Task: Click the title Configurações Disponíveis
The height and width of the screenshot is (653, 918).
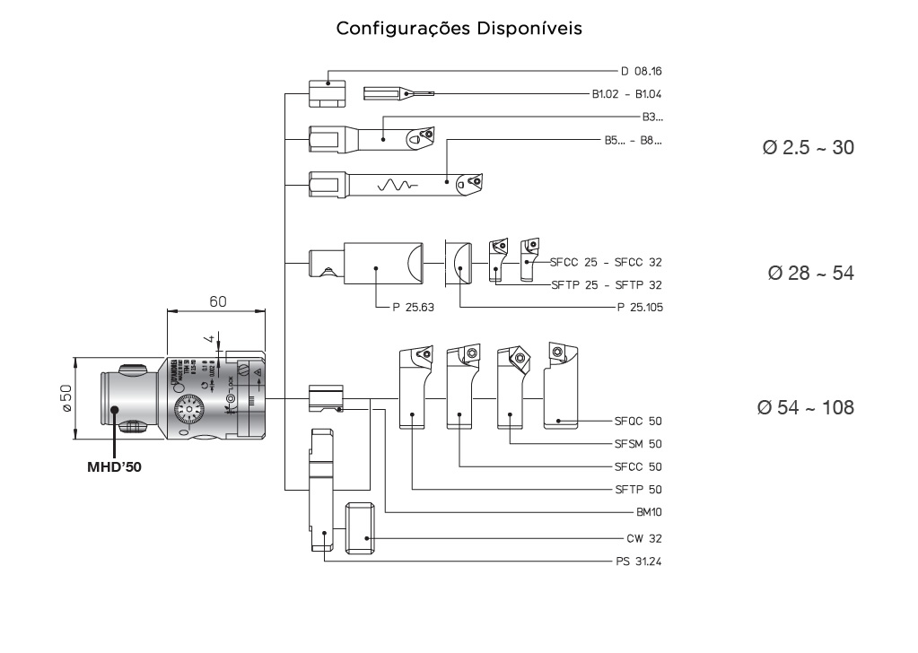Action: [x=459, y=29]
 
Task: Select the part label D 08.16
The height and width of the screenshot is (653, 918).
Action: [x=641, y=70]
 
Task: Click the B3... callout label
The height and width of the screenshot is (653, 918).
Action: [x=652, y=117]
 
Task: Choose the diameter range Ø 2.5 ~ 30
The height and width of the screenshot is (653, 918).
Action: [x=806, y=148]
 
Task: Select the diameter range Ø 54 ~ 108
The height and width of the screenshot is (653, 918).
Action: [x=805, y=407]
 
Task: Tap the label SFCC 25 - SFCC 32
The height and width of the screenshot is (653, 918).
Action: [x=606, y=262]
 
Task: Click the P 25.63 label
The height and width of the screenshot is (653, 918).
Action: [x=413, y=307]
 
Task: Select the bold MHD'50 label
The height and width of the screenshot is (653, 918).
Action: [x=115, y=467]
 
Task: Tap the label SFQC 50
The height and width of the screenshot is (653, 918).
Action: [x=638, y=420]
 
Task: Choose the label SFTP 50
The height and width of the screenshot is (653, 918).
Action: [x=638, y=490]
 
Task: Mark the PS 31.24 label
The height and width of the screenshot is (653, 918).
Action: [x=638, y=562]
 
